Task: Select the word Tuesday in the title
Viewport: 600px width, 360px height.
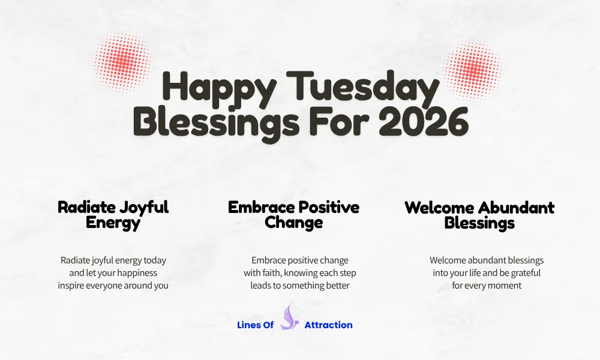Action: click(x=360, y=88)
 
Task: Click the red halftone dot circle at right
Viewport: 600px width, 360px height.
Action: click(x=473, y=71)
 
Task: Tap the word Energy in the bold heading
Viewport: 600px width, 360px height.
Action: click(x=113, y=223)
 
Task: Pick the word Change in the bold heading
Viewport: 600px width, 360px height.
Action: click(x=293, y=223)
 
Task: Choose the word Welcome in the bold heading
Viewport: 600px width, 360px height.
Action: click(x=440, y=208)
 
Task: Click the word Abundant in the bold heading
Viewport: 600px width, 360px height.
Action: click(x=517, y=208)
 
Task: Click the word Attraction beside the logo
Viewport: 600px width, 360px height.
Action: click(x=328, y=325)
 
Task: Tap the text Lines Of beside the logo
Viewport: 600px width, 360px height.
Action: click(x=255, y=325)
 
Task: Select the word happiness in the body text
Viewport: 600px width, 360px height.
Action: click(x=137, y=273)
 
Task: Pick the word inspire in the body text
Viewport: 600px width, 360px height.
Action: click(x=72, y=286)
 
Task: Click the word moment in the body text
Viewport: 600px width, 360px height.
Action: click(x=504, y=286)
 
